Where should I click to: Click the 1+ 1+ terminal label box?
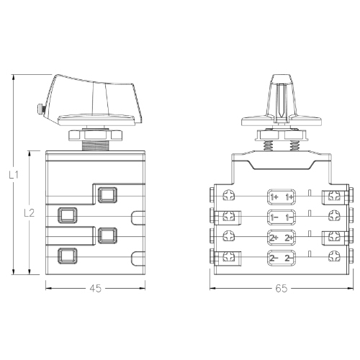coord(282,196)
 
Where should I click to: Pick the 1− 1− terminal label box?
coord(282,216)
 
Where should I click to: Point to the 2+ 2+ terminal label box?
coord(282,237)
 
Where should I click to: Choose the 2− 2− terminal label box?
coord(282,257)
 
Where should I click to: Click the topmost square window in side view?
coord(107,194)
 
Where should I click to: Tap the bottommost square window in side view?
coord(67,254)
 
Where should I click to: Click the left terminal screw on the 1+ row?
coord(230,196)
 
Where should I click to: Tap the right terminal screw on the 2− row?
coord(333,257)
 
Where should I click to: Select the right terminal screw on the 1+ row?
coord(333,196)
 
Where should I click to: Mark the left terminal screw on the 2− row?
coord(230,257)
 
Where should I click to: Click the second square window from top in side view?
coord(67,214)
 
